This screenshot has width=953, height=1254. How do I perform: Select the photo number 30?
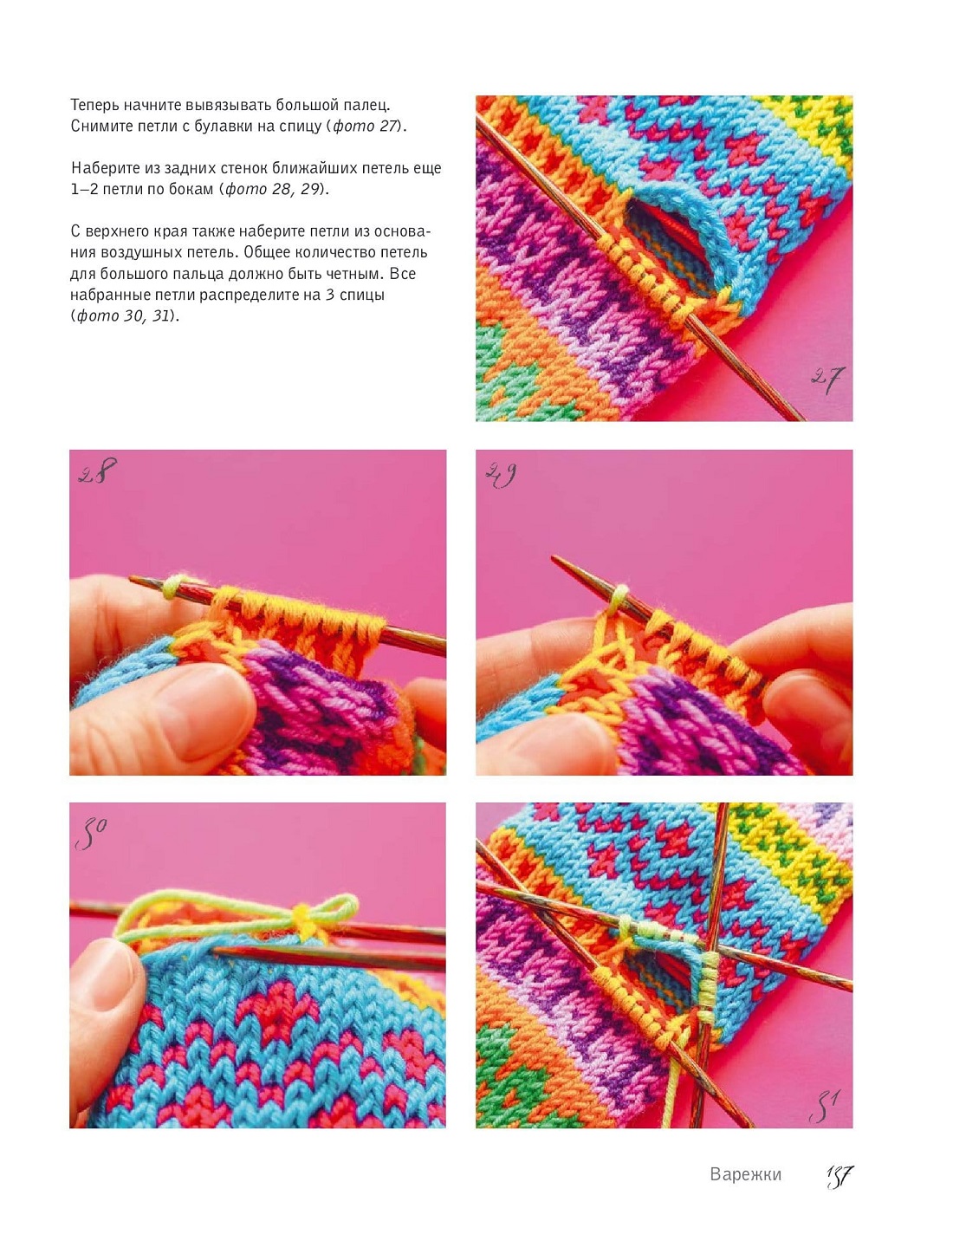91,833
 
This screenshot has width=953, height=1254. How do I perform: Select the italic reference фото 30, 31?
123,316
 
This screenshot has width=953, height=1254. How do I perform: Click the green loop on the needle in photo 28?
171,587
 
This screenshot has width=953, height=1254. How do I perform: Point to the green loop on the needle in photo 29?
619,598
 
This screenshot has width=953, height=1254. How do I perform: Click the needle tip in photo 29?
553,557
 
